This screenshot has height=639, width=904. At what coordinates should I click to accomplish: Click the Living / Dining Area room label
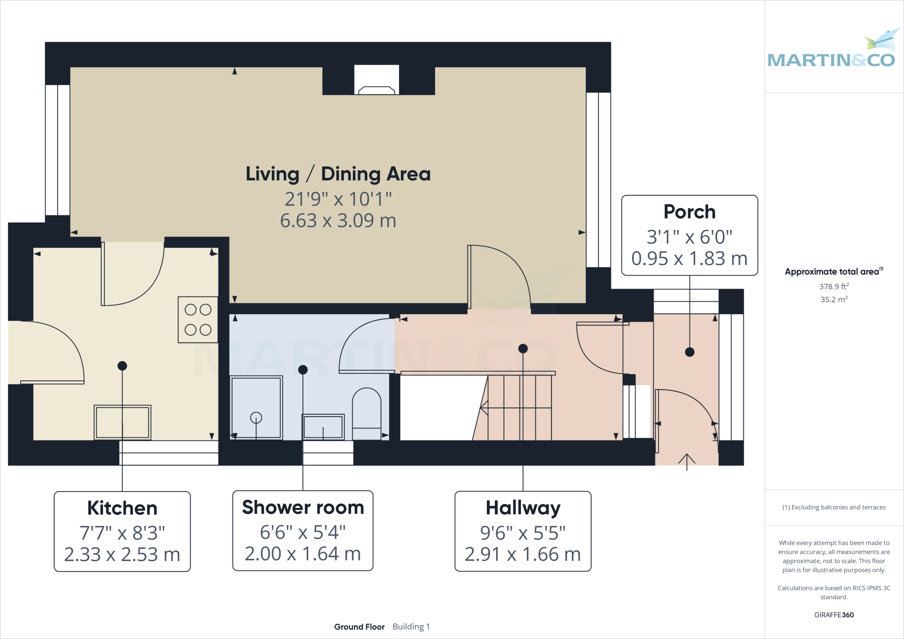pos(338,174)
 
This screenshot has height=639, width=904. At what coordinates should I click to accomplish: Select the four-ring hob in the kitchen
pos(198,320)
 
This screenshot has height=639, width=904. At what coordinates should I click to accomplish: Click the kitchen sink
pos(122,422)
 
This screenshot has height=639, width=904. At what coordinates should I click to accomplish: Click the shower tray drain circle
pos(256,417)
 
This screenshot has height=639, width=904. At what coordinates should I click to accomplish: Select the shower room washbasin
pos(323,427)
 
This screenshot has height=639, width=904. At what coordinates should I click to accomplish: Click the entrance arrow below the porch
pos(687,461)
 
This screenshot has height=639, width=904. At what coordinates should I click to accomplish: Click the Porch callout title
pos(689,212)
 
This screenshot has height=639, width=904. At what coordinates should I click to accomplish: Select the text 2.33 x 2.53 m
pos(122,555)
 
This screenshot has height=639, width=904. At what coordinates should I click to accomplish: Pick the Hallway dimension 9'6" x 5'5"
pos(523,533)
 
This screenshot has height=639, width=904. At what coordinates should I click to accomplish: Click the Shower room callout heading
pos(303,507)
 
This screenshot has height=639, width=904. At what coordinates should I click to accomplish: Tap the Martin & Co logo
pos(831,53)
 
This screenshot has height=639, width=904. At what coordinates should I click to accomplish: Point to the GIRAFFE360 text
pos(834,615)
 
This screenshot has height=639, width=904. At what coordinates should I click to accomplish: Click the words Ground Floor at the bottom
pos(359,627)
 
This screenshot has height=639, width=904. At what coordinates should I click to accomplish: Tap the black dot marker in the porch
pos(689,352)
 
